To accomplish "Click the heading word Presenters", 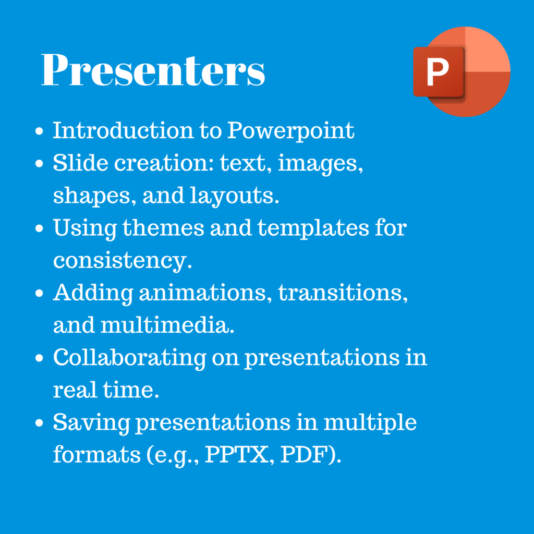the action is (153, 69).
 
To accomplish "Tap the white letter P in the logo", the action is (438, 71).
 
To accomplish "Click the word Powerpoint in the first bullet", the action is (290, 131).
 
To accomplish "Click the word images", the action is (321, 164).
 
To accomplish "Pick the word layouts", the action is (234, 196).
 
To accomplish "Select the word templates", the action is (313, 228).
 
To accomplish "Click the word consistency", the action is (123, 261).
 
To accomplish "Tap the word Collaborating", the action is (129, 358).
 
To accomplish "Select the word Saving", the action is (91, 423).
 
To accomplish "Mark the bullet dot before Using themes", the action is (39, 228).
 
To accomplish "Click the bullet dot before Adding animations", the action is (39, 293).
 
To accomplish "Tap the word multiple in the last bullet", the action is (370, 423).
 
